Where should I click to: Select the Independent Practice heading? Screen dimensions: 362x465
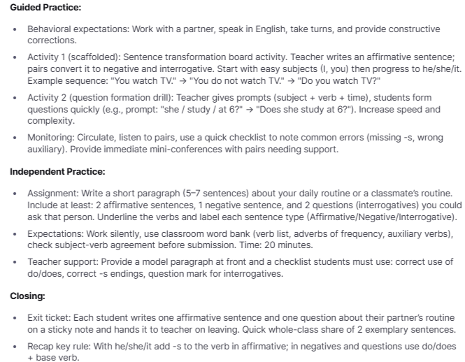click(57, 171)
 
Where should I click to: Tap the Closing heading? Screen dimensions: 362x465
click(28, 296)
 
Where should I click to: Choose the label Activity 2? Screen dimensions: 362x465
click(48, 99)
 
